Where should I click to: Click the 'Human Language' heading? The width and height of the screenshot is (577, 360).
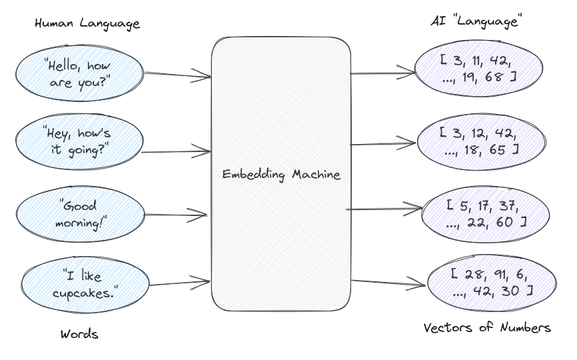pyautogui.click(x=87, y=24)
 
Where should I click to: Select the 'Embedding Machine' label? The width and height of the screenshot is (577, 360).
pyautogui.click(x=281, y=175)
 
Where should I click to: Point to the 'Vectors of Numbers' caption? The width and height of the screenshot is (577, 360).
pyautogui.click(x=487, y=327)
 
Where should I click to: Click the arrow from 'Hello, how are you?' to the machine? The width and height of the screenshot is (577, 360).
pyautogui.click(x=177, y=75)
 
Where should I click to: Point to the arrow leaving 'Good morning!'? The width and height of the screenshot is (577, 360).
pyautogui.click(x=177, y=215)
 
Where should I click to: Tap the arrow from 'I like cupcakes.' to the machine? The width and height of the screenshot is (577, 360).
pyautogui.click(x=180, y=281)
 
